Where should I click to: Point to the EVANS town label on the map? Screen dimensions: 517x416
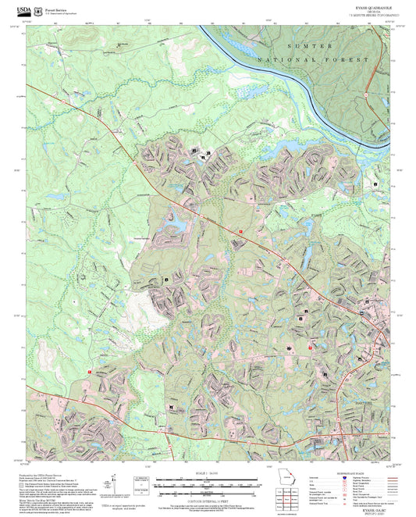(x=315, y=216)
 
